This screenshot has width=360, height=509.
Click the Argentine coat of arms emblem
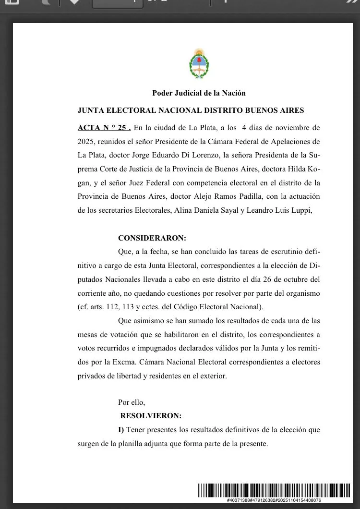[199, 64]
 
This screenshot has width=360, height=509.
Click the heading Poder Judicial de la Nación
[199, 93]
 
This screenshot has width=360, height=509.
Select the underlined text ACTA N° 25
[104, 128]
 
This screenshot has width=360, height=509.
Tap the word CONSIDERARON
[152, 238]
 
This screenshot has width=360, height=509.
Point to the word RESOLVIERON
[151, 416]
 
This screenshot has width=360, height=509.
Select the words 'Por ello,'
[132, 402]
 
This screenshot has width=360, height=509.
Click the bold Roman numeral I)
[121, 430]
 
